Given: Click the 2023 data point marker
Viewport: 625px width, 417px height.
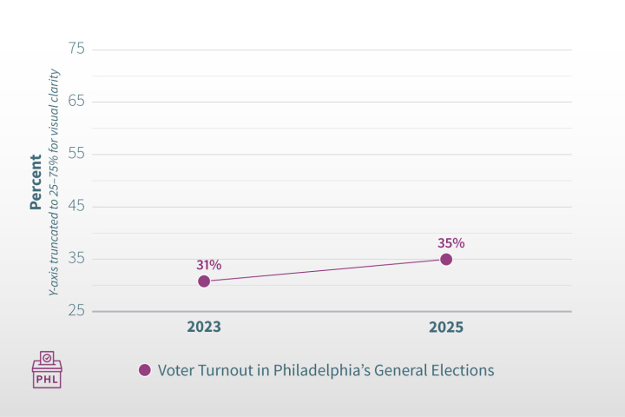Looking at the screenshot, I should click(x=204, y=281).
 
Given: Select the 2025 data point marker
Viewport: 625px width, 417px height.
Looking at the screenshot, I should click(x=446, y=259).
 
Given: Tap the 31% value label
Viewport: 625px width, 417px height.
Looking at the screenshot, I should click(x=208, y=264).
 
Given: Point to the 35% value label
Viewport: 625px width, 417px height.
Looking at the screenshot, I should click(x=451, y=242).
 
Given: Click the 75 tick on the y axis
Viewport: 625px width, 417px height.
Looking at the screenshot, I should click(x=76, y=49).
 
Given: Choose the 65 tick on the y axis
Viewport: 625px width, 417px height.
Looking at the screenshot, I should click(x=76, y=102).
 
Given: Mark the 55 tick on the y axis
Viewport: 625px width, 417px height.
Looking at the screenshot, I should click(x=76, y=154).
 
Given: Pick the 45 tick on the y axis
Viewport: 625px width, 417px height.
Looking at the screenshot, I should click(x=76, y=207).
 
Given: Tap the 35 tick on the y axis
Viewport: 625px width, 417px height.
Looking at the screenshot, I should click(x=76, y=259).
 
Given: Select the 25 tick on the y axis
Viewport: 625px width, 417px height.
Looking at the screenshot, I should click(x=76, y=311).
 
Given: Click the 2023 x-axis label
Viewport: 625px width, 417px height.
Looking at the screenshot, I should click(x=204, y=328).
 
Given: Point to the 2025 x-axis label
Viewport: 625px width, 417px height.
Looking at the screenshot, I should click(x=446, y=328).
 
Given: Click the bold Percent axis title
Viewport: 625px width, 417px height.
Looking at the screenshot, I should click(x=36, y=182).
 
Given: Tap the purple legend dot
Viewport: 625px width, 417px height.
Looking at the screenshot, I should click(x=145, y=370).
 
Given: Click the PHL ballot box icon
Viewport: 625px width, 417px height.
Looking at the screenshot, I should click(x=47, y=370).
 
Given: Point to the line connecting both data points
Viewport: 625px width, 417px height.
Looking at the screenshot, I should click(x=326, y=269).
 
